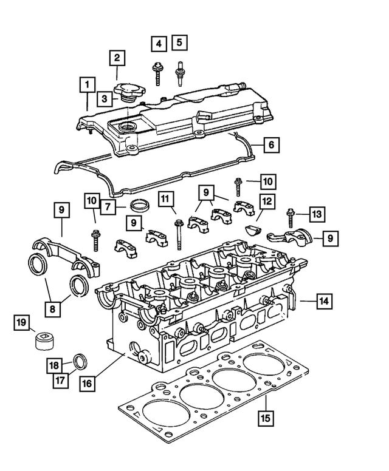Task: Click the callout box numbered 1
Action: (x=88, y=84)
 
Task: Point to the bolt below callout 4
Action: (x=157, y=71)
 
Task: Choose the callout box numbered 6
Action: (x=271, y=145)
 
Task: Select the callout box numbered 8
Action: (x=53, y=309)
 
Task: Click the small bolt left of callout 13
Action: (x=291, y=217)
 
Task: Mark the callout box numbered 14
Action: (x=323, y=299)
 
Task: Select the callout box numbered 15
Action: (x=264, y=418)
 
